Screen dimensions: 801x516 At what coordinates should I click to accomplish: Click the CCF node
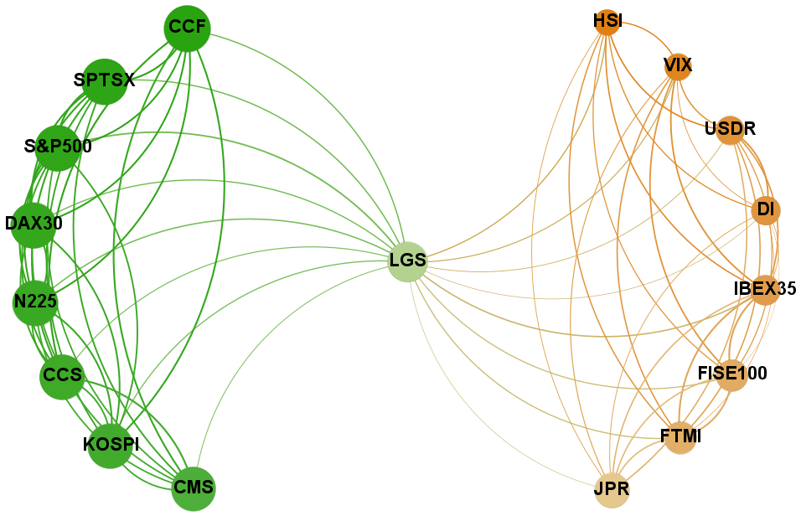[x=188, y=28]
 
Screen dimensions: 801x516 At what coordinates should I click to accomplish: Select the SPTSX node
[x=104, y=82]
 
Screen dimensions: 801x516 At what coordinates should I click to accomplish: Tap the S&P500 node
[x=58, y=148]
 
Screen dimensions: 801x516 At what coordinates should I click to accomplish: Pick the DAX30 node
[x=34, y=225]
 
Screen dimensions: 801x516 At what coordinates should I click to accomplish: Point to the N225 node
[x=35, y=302]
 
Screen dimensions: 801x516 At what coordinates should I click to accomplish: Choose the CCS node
[x=62, y=377]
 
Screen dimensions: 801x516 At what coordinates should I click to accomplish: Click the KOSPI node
[x=111, y=446]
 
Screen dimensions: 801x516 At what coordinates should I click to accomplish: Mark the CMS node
[x=194, y=489]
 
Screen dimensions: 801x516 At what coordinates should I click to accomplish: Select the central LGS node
[x=408, y=261]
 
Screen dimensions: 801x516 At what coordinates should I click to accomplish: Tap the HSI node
[x=607, y=23]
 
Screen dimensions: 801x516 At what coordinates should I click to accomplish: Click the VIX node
[x=678, y=67]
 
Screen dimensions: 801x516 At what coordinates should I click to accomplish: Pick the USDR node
[x=730, y=130]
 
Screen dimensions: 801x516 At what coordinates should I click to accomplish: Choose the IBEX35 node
[x=765, y=290]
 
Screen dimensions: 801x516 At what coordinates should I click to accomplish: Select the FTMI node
[x=680, y=438]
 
